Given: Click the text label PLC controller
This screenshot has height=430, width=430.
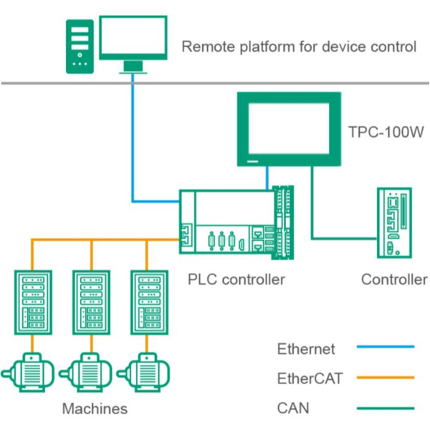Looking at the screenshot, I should (x=236, y=279).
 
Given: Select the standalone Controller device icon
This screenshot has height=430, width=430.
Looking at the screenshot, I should (x=394, y=224).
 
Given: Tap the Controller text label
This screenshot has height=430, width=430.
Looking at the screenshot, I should (x=394, y=279).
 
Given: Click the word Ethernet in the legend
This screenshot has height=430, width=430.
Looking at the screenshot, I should (x=306, y=350).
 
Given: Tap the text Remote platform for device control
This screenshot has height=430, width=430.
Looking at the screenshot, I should (x=299, y=48).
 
